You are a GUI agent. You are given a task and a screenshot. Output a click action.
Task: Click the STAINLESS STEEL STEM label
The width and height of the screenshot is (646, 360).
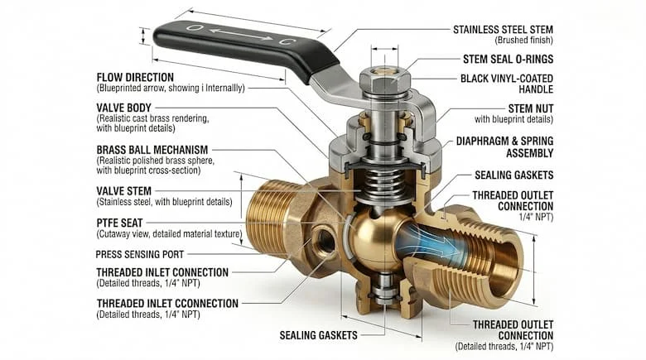click(503, 30)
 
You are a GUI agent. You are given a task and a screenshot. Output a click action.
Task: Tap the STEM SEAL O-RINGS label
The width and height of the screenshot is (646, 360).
click(508, 60)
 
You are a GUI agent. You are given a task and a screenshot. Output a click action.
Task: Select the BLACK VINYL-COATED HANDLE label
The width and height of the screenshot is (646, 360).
click(507, 84)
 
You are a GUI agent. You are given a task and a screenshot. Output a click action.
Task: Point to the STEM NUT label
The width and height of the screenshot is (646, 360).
click(531, 108)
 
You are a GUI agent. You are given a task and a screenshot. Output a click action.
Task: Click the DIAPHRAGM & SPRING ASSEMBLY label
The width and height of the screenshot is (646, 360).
click(504, 147)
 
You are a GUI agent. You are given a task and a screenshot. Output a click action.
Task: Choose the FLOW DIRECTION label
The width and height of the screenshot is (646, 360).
click(135, 78)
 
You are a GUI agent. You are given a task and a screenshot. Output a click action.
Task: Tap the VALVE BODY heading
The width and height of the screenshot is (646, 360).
click(124, 108)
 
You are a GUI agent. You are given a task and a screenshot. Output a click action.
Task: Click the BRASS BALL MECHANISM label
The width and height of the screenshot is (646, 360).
click(152, 150)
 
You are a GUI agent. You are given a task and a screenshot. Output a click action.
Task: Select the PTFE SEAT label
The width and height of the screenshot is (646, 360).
click(119, 223)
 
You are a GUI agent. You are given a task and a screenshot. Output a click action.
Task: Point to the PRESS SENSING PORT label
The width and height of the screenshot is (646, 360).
click(140, 255)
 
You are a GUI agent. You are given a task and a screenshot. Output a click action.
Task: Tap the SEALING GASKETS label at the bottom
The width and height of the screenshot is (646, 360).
click(319, 335)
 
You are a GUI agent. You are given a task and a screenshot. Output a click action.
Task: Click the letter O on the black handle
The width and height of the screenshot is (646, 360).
click(192, 28)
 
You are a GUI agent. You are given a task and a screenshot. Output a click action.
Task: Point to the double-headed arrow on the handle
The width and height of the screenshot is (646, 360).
click(241, 35)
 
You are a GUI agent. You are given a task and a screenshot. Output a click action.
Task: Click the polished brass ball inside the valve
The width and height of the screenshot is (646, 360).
click(373, 238)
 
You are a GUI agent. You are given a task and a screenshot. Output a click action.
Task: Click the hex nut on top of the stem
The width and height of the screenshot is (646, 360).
click(384, 80)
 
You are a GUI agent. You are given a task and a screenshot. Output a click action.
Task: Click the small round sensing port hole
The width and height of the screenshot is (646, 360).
click(323, 240)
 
